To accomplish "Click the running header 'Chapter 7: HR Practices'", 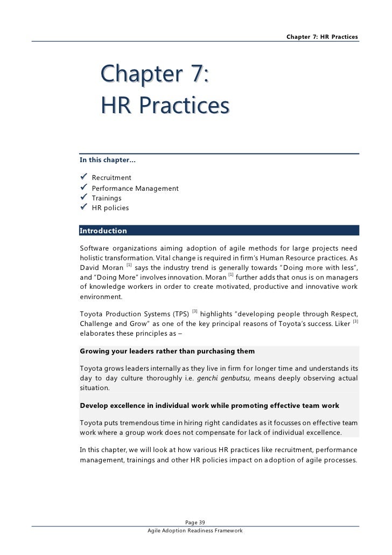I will pyautogui.click(x=322, y=37).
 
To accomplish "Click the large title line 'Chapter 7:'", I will pyautogui.click(x=155, y=75).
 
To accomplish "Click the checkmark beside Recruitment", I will pyautogui.click(x=83, y=177).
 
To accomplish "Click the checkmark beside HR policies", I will pyautogui.click(x=83, y=207).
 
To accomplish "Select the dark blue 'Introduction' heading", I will pyautogui.click(x=103, y=231).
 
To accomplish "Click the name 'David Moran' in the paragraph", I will pyautogui.click(x=101, y=268).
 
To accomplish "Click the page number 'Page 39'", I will pyautogui.click(x=195, y=522).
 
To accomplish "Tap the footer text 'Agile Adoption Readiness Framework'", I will pyautogui.click(x=195, y=531).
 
